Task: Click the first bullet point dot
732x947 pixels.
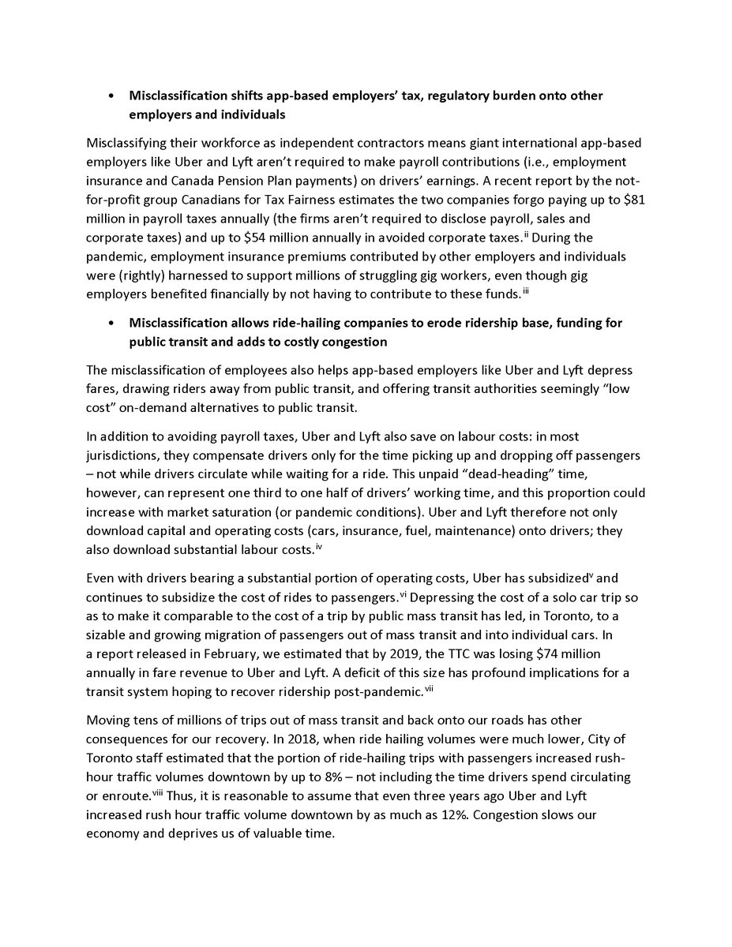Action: point(112,96)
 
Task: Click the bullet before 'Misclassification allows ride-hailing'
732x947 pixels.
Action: point(112,324)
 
